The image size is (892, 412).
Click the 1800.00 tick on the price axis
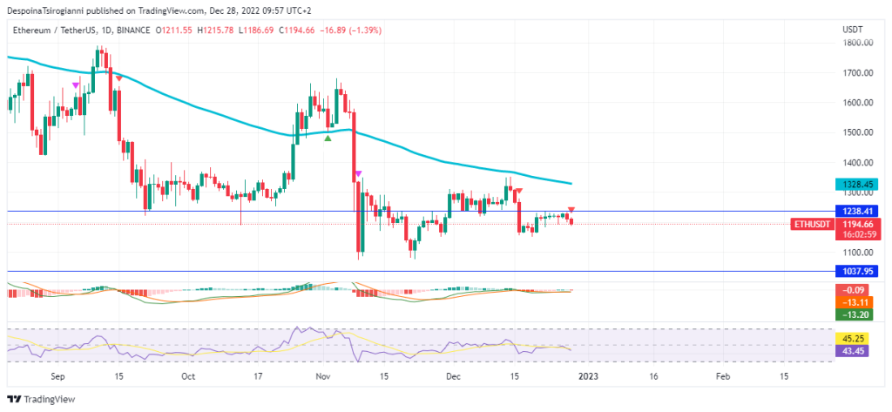tap(858, 43)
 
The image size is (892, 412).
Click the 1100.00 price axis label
tap(858, 253)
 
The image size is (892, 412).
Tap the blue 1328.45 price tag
tap(857, 185)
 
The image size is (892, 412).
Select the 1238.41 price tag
tap(857, 211)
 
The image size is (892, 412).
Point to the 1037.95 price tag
tap(857, 272)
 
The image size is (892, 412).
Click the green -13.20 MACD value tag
tap(857, 314)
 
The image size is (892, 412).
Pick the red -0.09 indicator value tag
tap(857, 289)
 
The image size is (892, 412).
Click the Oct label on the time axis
tap(188, 377)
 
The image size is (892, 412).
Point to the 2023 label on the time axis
tap(588, 377)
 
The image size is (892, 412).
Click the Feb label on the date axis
tap(722, 377)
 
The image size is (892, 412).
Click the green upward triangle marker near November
tap(328, 138)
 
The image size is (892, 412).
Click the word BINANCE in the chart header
tap(132, 30)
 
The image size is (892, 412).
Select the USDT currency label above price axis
tap(853, 30)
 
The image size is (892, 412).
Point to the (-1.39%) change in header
tap(365, 30)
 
